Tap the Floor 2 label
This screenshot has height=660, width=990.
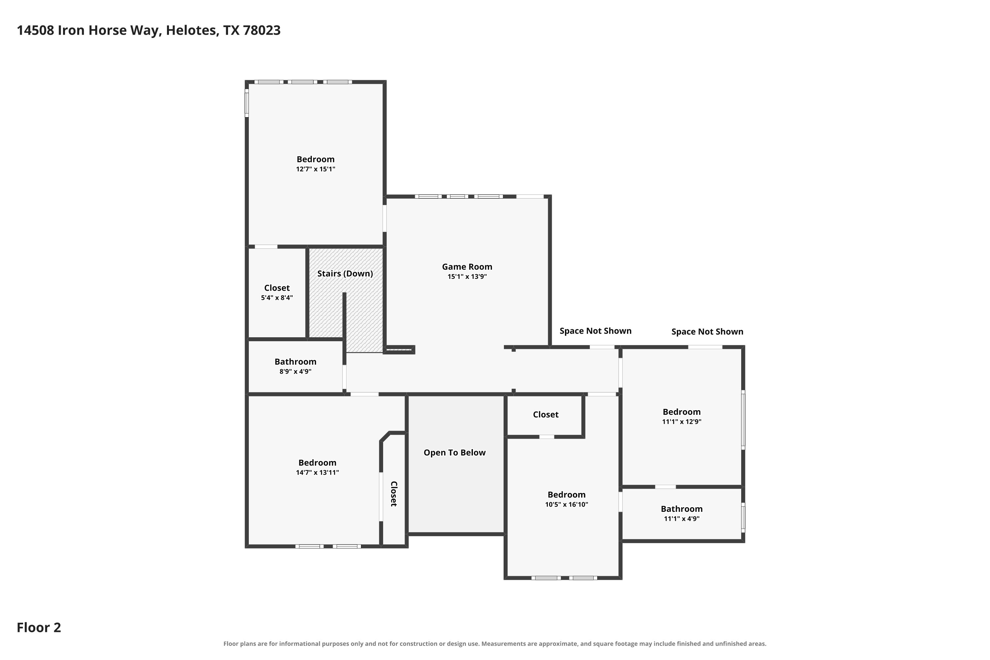pos(39,627)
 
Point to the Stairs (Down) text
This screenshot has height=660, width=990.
pos(345,274)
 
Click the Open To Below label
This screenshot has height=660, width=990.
pos(455,452)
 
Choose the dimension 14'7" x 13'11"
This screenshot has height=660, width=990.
pos(317,472)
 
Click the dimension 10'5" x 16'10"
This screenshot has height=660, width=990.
pos(567,504)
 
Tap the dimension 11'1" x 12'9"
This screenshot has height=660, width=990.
pos(682,421)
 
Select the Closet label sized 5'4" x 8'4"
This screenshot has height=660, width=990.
pos(277,288)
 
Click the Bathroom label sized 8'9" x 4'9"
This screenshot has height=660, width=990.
pos(295,362)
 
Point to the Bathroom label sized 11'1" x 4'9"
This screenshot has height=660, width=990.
pos(682,509)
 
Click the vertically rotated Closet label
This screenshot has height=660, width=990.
pos(394,494)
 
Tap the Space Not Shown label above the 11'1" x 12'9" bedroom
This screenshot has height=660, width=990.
pos(707,332)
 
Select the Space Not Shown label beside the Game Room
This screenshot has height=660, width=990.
pos(596,331)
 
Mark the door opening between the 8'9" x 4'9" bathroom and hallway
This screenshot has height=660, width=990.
pos(344,377)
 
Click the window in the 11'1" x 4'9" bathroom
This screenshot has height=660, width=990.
pos(743,517)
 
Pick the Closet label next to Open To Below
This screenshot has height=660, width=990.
pos(546,414)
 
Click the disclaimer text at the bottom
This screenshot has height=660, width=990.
pos(495,643)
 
